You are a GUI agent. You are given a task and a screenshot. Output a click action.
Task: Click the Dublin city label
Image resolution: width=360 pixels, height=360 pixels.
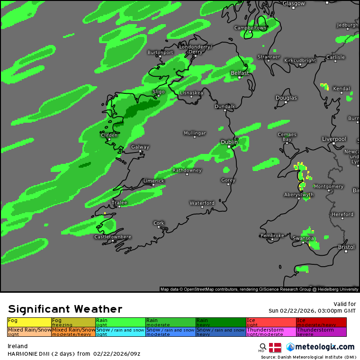click(x=229, y=142)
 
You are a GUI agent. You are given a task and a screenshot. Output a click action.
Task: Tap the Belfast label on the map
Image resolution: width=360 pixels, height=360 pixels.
click(x=240, y=73)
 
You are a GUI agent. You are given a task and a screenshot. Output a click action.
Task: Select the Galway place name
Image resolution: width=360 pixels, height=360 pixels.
click(x=140, y=147)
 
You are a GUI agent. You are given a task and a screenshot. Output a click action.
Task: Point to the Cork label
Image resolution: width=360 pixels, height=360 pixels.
click(x=159, y=223)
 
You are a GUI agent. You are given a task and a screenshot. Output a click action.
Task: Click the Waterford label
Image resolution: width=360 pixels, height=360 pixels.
click(x=202, y=203)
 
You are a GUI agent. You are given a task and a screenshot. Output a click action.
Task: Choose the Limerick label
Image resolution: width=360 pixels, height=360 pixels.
click(x=153, y=181)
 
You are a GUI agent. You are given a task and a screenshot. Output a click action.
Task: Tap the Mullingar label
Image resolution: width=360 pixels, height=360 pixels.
click(x=195, y=133)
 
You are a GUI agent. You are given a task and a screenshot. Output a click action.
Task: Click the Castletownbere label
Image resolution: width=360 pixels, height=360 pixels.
click(x=113, y=237)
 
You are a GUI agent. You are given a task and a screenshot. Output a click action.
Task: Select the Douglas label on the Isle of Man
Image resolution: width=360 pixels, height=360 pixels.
click(x=286, y=98)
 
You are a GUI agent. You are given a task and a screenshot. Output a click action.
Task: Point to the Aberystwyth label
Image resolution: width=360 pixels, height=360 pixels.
click(x=298, y=195)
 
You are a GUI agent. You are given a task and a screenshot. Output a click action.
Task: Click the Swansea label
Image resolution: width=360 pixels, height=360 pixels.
click(x=303, y=238)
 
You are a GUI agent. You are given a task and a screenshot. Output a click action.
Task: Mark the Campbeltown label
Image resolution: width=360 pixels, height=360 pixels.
click(x=250, y=28)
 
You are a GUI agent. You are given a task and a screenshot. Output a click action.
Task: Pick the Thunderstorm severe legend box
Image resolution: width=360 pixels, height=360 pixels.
click(x=321, y=332)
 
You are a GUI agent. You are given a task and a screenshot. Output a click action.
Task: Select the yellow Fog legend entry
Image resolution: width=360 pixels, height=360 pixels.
click(x=29, y=322)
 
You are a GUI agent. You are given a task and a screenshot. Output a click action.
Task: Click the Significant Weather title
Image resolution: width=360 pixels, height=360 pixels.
click(x=65, y=309)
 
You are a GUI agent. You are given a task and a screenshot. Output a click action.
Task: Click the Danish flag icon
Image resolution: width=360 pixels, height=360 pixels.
click(x=275, y=348)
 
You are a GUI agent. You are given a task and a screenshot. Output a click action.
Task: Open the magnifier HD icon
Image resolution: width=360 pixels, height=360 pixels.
click(x=262, y=347)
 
